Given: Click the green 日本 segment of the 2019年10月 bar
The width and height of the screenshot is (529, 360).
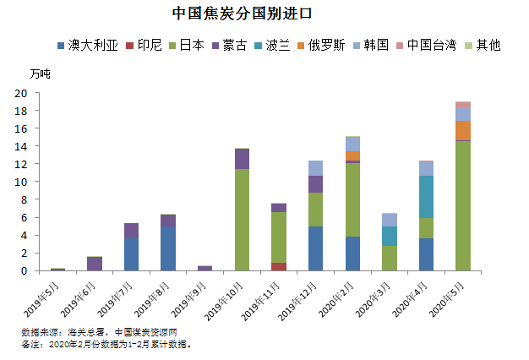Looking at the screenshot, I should tap(242, 220).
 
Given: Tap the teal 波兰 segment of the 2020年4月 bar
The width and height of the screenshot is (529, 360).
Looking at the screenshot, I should tap(427, 197).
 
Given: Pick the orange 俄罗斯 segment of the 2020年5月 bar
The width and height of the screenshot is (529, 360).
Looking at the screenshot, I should tap(463, 130).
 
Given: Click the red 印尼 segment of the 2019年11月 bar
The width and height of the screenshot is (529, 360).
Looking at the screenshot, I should tap(279, 266).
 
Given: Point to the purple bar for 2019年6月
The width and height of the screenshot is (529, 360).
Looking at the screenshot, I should tap(95, 264).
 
